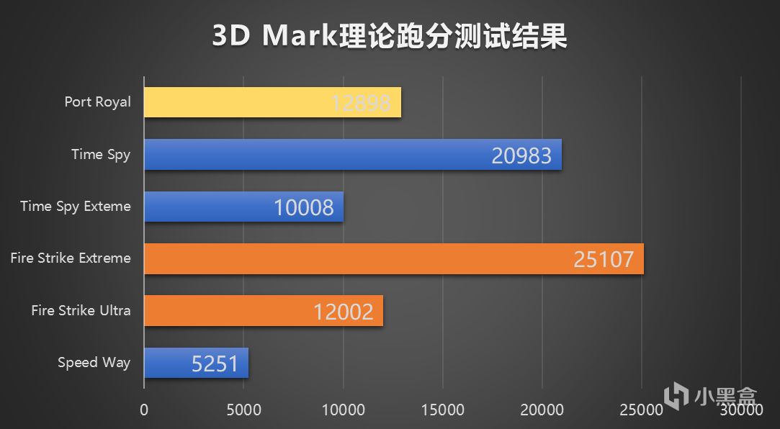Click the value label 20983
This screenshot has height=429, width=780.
521,155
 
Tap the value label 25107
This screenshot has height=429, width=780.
604,259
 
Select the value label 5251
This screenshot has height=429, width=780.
215,363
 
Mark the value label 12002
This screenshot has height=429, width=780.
343,312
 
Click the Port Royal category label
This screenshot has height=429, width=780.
98,101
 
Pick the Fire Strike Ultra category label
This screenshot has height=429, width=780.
81,310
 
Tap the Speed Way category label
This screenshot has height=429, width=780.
94,362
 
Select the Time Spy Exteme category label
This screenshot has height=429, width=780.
76,206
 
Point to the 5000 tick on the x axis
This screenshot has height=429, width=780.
243,410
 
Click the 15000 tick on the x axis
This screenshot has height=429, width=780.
442,410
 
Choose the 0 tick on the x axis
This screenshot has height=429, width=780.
144,410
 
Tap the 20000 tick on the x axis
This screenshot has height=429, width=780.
542,410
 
